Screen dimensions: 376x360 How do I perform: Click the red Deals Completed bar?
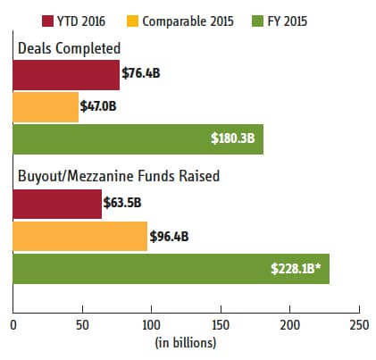pos(66,75)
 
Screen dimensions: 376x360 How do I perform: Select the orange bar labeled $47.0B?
pos(46,107)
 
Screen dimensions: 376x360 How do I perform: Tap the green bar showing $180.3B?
pos(138,139)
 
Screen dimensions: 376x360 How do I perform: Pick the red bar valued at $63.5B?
pos(57,204)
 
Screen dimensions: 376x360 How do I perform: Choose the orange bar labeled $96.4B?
pos(80,236)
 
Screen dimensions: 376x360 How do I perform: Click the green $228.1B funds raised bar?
pos(171,269)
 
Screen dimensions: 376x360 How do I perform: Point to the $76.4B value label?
pos(141,73)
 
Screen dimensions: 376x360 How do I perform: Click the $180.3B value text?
pos(233,138)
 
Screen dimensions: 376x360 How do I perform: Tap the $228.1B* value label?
pos(296,268)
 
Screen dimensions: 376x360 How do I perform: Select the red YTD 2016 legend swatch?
pos(47,21)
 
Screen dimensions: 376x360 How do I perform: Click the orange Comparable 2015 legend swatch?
pos(132,21)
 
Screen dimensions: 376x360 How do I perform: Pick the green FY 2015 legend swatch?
pos(257,21)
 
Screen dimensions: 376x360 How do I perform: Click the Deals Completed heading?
pos(69,48)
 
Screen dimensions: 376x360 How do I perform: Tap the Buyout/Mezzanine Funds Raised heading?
pos(119,176)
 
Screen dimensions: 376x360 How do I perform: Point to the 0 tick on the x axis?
pos(13,325)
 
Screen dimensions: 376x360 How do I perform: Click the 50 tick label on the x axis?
pos(82,325)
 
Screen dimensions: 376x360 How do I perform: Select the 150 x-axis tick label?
pos(221,325)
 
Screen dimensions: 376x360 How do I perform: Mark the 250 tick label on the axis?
pos(359,325)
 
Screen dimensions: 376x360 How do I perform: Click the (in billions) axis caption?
pos(186,343)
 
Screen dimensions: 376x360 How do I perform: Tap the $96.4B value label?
pos(169,237)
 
